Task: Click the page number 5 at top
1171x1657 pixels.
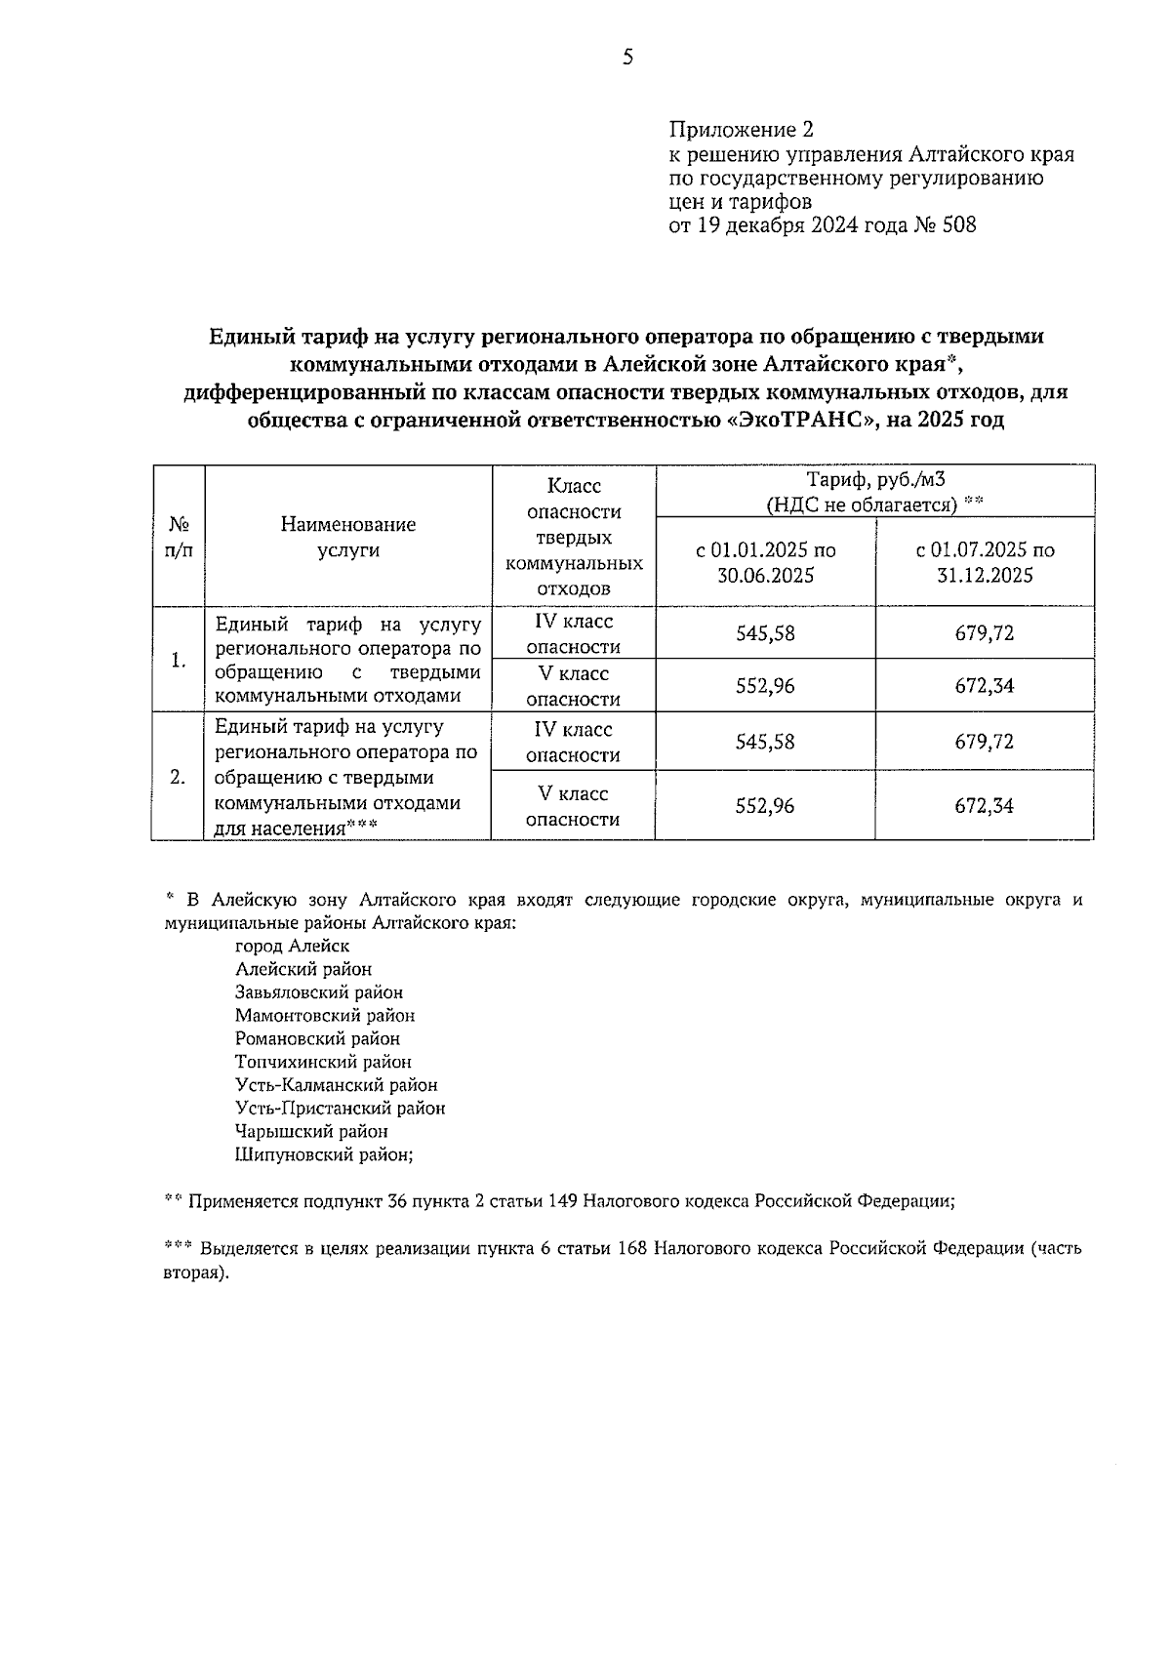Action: (x=627, y=58)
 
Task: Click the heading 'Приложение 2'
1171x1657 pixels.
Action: (x=741, y=130)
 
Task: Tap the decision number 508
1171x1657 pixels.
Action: (x=958, y=225)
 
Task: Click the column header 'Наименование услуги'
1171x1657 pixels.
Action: (x=348, y=537)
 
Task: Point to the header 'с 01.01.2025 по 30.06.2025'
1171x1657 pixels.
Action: (x=765, y=562)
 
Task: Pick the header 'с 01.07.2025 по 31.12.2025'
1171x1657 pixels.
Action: (x=985, y=562)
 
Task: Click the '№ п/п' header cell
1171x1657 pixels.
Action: (x=179, y=537)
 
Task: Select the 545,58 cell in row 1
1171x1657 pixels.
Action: (x=765, y=633)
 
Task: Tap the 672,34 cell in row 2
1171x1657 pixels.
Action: (x=985, y=806)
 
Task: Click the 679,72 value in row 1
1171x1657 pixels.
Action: (x=985, y=633)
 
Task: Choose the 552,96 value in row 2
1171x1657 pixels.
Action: (x=765, y=806)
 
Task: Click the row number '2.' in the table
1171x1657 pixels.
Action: (x=178, y=778)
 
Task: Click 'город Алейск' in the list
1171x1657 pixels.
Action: (x=292, y=946)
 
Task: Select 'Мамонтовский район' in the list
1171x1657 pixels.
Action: (x=325, y=1016)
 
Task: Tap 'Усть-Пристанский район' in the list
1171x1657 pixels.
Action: (x=340, y=1109)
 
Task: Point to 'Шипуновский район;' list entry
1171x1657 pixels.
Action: (x=324, y=1155)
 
